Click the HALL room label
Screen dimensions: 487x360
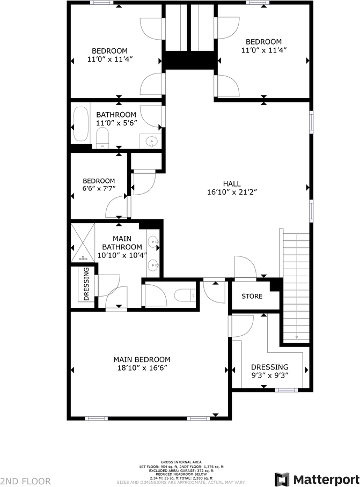point(232,183)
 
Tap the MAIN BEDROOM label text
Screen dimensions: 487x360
point(142,359)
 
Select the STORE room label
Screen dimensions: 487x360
point(252,296)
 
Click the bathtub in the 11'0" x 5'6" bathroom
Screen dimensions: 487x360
point(80,126)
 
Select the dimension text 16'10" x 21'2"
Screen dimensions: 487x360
point(232,192)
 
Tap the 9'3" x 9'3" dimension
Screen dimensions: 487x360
point(270,375)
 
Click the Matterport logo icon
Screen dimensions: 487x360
point(282,479)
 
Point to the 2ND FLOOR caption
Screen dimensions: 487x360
point(26,481)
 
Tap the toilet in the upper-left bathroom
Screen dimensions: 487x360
point(102,141)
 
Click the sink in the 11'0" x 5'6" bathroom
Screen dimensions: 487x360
point(151,142)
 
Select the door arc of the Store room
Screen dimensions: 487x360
point(245,267)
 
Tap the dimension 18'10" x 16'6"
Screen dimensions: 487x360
point(142,368)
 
